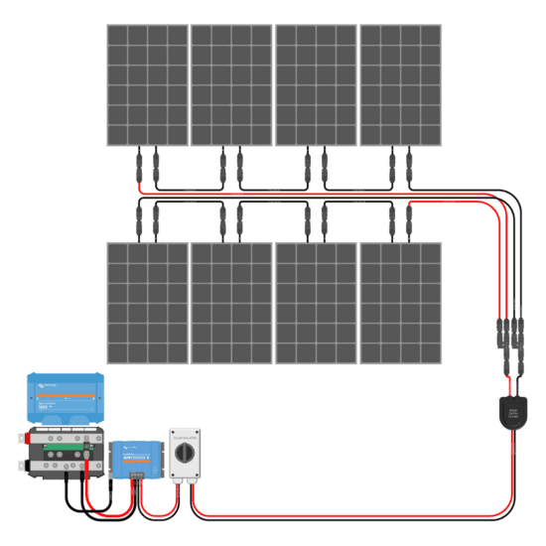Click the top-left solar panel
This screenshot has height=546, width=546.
tap(147, 85)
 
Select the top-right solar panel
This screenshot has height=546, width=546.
tap(401, 85)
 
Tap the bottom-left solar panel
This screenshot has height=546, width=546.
tap(147, 303)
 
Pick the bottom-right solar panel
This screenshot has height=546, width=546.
tap(401, 303)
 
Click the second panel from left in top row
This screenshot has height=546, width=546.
tap(231, 85)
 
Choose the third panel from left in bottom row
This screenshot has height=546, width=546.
tap(317, 303)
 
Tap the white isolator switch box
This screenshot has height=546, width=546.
tap(186, 456)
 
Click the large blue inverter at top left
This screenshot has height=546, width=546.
tap(66, 396)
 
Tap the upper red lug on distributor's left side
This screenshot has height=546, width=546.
tap(21, 438)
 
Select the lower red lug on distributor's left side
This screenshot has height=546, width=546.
tap(21, 465)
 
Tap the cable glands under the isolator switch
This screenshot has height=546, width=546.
tap(186, 483)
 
